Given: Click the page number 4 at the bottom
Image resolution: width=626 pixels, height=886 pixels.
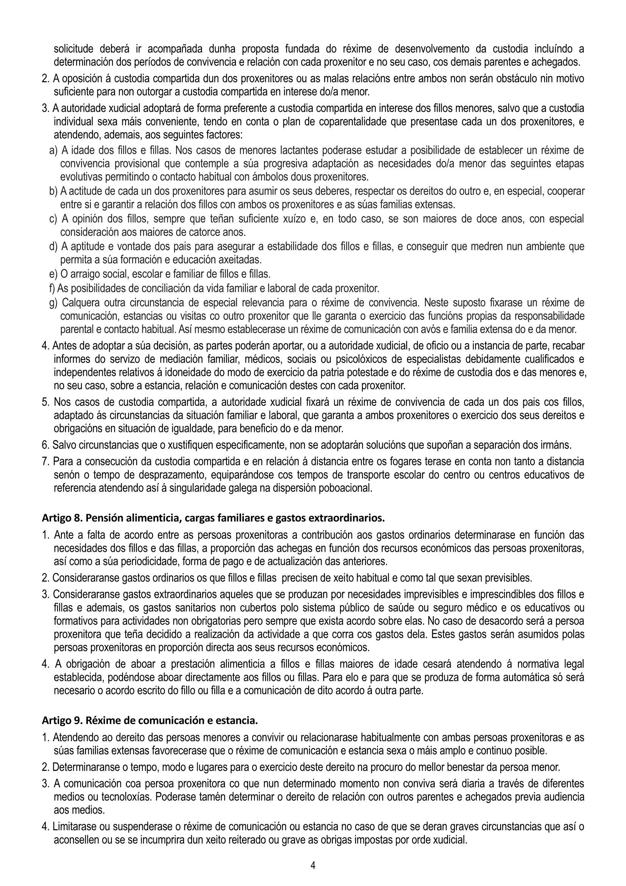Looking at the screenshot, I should pos(313,866).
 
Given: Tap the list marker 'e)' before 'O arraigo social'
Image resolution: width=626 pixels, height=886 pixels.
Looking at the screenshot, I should pos(53,274).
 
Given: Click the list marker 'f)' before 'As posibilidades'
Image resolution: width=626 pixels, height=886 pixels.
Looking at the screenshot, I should pos(53,288).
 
